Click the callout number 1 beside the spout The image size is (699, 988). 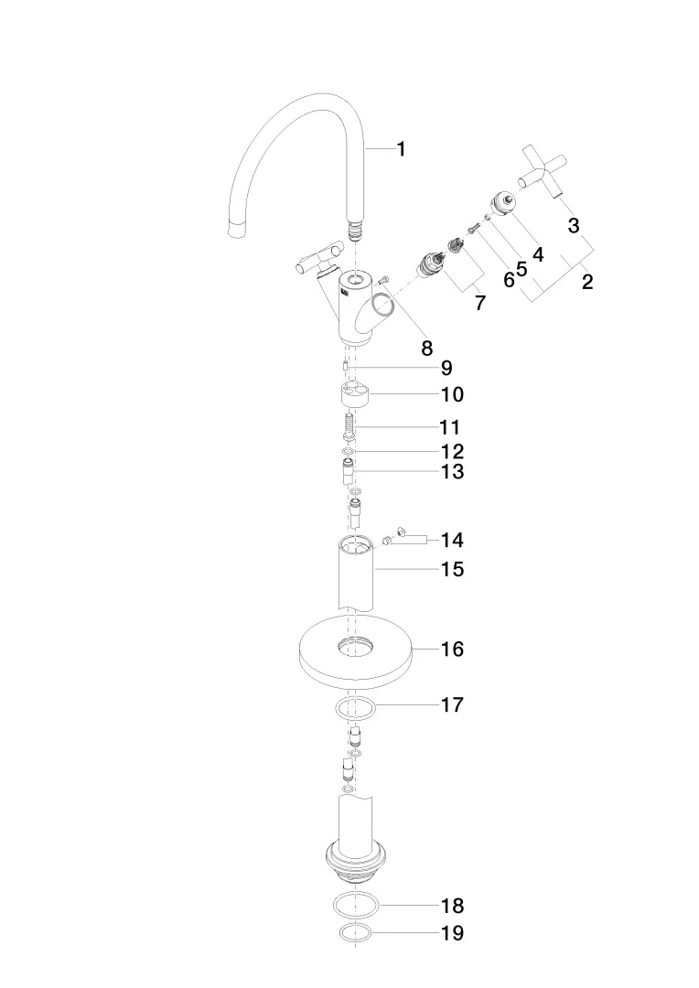click(401, 149)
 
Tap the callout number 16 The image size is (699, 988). click(452, 649)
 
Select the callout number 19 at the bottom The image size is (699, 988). click(452, 932)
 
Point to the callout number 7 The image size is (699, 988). click(480, 303)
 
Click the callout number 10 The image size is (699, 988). click(452, 394)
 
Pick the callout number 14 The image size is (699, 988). click(452, 540)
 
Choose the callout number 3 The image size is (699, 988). click(574, 225)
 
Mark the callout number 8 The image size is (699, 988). click(426, 348)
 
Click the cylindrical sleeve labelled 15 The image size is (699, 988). click(356, 574)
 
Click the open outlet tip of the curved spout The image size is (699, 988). click(236, 230)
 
